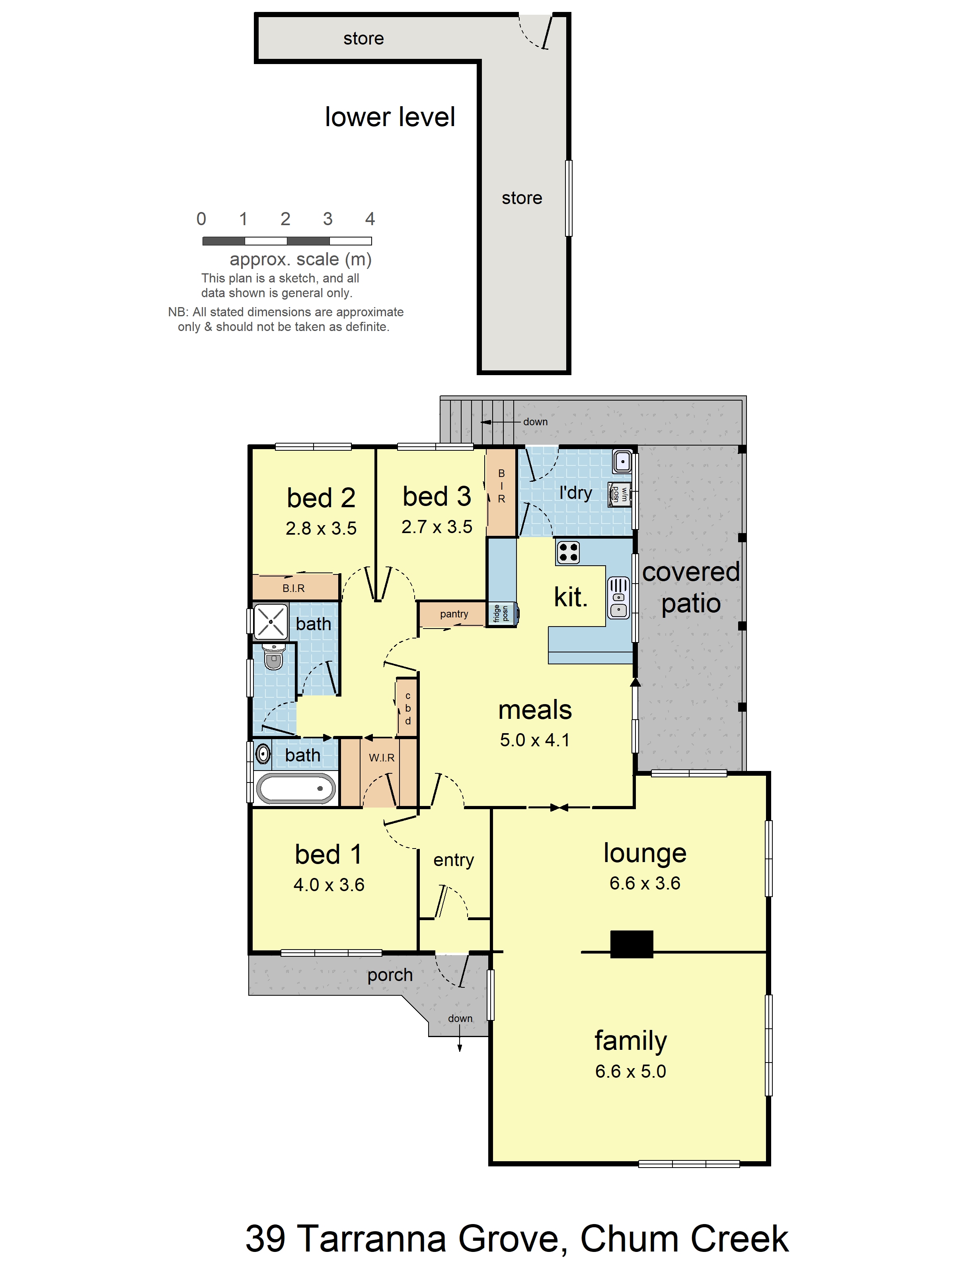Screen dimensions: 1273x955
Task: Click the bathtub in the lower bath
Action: (296, 788)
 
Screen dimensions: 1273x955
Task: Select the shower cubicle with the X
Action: (270, 621)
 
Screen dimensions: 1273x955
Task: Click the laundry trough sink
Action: (622, 461)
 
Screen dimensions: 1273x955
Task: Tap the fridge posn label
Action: (501, 613)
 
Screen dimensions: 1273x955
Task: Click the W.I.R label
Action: (382, 758)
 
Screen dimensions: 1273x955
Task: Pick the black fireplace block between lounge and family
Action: (631, 944)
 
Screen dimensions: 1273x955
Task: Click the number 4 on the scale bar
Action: (370, 219)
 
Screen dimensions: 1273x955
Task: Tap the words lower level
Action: (390, 117)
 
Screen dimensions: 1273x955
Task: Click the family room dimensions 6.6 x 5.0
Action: (630, 1071)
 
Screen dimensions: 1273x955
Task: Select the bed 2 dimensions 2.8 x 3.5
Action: (321, 528)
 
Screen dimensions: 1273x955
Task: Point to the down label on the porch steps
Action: (460, 1018)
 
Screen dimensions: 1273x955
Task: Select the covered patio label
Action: (690, 588)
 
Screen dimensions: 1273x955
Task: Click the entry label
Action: (454, 860)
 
